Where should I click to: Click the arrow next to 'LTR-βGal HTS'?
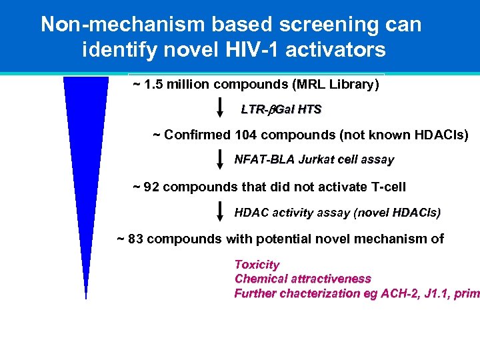(221, 109)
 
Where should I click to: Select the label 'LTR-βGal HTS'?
(281, 109)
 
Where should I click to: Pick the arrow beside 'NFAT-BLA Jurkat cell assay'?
(221, 160)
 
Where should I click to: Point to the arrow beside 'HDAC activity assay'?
(221, 212)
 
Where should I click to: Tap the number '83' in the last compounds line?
(135, 239)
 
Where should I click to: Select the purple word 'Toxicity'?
(257, 265)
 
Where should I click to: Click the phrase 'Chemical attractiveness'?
(303, 279)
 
